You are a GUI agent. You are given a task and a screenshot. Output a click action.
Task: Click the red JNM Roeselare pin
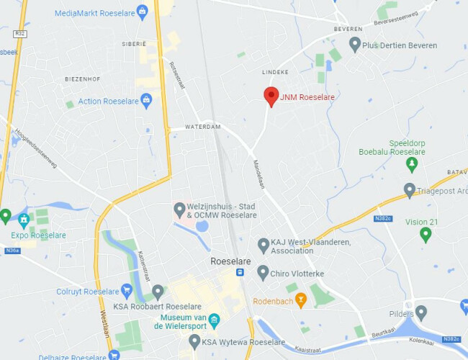[271, 96]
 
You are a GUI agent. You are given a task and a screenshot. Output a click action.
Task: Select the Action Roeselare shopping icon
[146, 101]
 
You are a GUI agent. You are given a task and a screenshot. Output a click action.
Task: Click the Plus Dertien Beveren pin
[354, 45]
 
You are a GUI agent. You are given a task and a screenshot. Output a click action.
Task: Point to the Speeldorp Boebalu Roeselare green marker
[412, 165]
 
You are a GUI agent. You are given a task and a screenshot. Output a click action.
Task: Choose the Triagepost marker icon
[410, 191]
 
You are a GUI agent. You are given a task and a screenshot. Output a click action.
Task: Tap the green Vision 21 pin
[426, 234]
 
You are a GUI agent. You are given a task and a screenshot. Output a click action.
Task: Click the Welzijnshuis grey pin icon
[180, 210]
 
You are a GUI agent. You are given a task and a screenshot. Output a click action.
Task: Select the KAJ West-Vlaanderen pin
[264, 246]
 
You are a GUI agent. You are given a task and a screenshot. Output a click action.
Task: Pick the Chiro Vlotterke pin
[263, 273]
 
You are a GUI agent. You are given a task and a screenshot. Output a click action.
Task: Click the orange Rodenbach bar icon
[301, 300]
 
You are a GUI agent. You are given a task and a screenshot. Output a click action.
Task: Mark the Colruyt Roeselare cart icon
[127, 292]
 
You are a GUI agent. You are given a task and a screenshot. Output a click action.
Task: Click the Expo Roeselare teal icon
[24, 219]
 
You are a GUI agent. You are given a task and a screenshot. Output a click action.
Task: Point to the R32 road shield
[19, 34]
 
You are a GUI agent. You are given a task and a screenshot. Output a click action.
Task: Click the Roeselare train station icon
[240, 272]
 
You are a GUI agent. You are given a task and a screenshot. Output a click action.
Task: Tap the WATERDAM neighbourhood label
[202, 127]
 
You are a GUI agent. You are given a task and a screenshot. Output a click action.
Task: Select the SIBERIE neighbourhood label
[133, 44]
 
